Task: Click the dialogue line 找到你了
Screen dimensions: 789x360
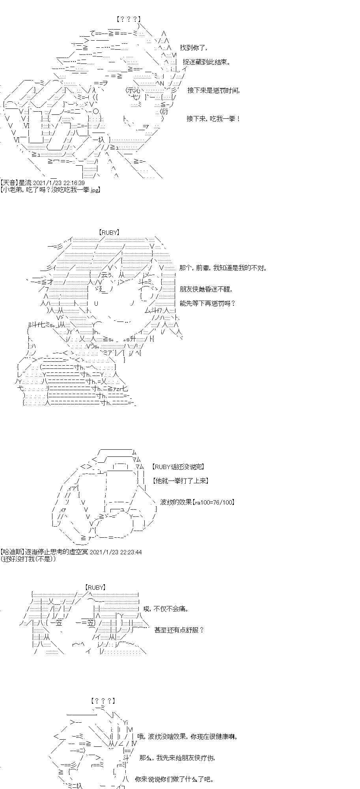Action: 193,48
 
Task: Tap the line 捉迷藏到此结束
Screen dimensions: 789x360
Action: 207,62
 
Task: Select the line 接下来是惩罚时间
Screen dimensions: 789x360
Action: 213,90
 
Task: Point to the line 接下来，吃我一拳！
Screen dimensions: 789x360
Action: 213,118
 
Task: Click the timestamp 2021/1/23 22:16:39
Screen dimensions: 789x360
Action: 59,183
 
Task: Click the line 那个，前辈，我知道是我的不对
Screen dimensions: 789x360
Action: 223,268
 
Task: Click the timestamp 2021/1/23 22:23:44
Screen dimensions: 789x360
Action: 116,552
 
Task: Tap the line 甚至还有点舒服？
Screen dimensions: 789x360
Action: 179,630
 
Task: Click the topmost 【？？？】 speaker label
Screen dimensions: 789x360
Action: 129,19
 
